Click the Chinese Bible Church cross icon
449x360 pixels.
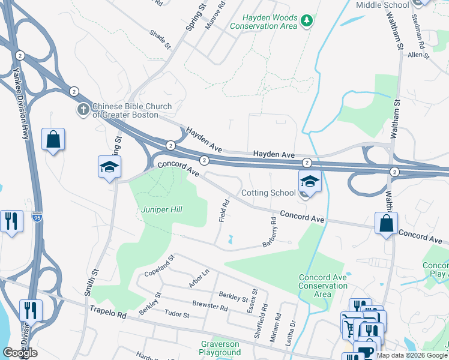[x=83, y=110]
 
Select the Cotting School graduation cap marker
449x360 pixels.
[x=309, y=180]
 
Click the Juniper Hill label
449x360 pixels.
[x=161, y=209]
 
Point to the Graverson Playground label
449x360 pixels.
[x=220, y=349]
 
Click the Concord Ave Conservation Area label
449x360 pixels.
[x=323, y=286]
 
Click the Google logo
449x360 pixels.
[x=20, y=353]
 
